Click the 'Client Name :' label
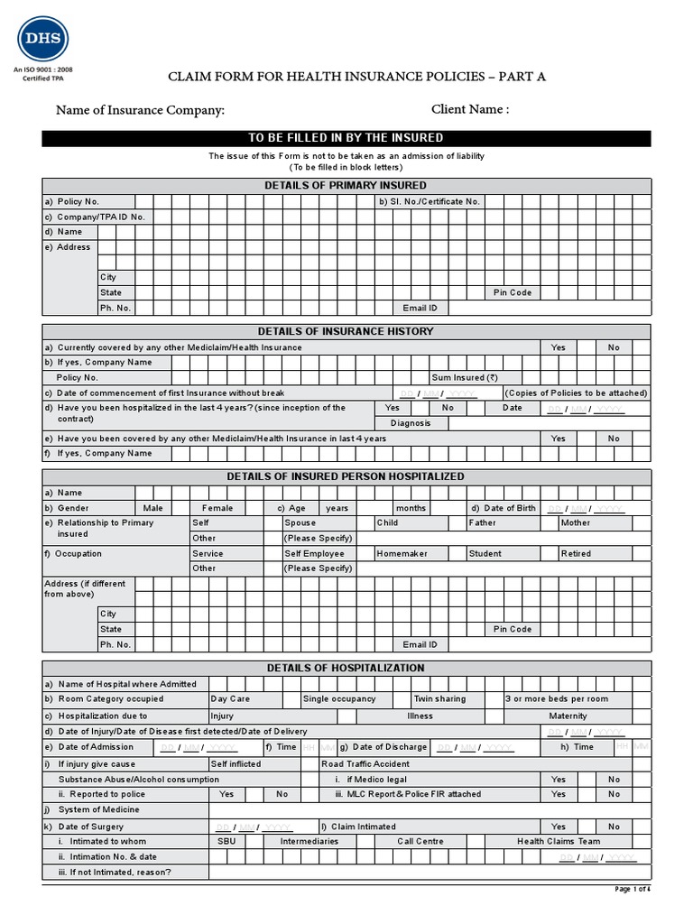point(470,110)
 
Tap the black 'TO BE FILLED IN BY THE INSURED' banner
point(346,138)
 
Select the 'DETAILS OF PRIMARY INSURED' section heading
point(346,185)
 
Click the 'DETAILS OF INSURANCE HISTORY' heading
point(346,331)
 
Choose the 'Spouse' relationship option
point(300,522)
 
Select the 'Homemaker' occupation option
point(402,553)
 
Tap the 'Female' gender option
point(217,508)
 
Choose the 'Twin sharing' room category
point(439,698)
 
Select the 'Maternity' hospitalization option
point(568,716)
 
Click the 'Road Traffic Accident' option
point(365,763)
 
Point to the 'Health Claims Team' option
point(558,841)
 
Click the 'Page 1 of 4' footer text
point(632,889)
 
